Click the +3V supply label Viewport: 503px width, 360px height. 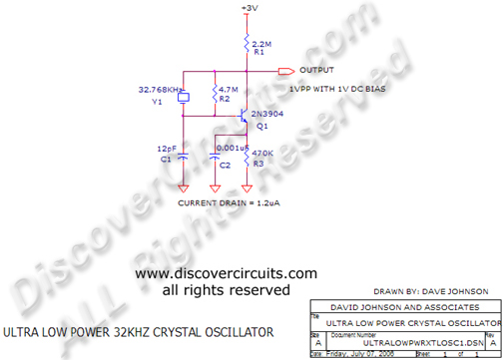(x=249, y=8)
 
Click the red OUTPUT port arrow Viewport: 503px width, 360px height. (x=285, y=71)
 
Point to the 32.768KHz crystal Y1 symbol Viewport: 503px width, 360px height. (x=183, y=97)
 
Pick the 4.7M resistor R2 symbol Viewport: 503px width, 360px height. (x=214, y=96)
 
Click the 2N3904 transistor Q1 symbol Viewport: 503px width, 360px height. (x=244, y=118)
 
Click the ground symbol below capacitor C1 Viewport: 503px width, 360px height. (x=183, y=186)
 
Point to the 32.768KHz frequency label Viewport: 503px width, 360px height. (x=160, y=90)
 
